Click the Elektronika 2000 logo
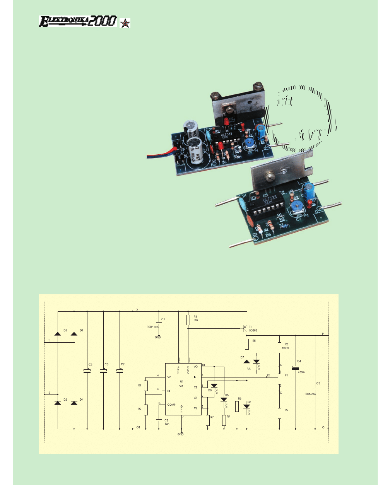(77, 21)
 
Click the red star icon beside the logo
(125, 23)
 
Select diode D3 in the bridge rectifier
(58, 333)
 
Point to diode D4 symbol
(74, 403)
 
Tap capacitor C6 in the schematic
(103, 372)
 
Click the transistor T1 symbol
(245, 328)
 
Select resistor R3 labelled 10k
(188, 320)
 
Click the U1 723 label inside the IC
(180, 383)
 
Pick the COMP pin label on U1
(171, 405)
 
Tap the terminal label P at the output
(323, 333)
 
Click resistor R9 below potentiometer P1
(279, 413)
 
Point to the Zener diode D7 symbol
(246, 361)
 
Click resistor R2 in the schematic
(146, 410)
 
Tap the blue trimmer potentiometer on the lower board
(298, 210)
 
